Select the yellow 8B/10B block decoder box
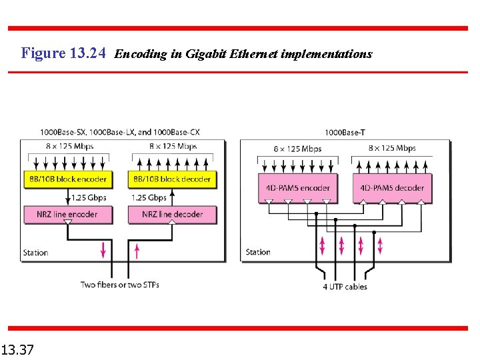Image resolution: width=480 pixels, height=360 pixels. click(x=172, y=179)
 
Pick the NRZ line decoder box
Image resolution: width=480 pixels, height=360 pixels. click(x=172, y=214)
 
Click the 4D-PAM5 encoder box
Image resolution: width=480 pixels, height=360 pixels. click(x=298, y=188)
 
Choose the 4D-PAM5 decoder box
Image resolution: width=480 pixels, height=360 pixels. click(x=392, y=188)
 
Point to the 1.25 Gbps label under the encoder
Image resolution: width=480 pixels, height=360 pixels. click(x=89, y=197)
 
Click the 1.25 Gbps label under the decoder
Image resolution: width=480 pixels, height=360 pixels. click(x=149, y=197)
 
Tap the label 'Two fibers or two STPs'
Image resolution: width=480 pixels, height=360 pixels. click(x=120, y=285)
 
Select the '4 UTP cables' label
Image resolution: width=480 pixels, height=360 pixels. click(x=345, y=287)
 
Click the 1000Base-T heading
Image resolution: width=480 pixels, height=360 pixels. click(x=345, y=133)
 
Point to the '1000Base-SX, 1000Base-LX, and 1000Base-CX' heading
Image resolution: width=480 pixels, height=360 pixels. click(x=119, y=132)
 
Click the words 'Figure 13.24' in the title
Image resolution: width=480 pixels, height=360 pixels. click(x=63, y=53)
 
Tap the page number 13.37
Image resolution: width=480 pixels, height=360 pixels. click(x=18, y=349)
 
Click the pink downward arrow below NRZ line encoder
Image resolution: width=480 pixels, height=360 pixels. click(x=103, y=250)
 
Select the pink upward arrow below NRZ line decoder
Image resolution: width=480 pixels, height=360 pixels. click(x=137, y=250)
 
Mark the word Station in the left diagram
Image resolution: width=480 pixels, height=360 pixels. click(x=36, y=253)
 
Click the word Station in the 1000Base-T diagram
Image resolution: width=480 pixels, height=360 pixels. click(x=258, y=252)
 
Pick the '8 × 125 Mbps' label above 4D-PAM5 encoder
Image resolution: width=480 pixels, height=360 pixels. click(x=297, y=149)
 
